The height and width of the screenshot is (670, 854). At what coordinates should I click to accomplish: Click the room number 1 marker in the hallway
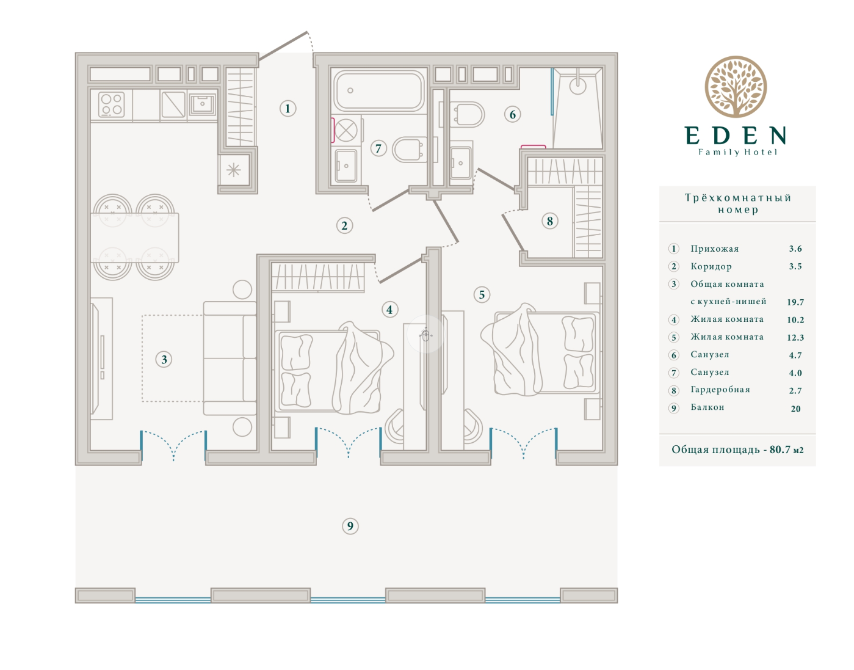point(288,109)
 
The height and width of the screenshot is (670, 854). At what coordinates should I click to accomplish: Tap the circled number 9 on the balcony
point(350,526)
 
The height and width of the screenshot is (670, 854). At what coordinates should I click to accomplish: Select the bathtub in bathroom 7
point(379,90)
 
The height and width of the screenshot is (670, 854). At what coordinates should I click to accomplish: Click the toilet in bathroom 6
point(467,114)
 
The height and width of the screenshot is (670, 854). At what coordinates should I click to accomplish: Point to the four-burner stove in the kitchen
point(112,104)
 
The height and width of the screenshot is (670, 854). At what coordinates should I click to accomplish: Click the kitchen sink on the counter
point(203,104)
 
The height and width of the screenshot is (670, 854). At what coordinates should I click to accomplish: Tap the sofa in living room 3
point(230,358)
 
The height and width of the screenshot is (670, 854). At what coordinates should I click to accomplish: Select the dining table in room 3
point(135,238)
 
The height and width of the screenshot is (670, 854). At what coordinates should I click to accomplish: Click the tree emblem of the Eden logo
point(736,87)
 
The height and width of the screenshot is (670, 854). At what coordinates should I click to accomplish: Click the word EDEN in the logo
point(736,136)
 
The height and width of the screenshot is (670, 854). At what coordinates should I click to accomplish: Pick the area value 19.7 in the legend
point(795,302)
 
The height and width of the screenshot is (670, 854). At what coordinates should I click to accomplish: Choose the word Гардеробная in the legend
point(720,390)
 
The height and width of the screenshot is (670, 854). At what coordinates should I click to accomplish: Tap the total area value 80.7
point(780,450)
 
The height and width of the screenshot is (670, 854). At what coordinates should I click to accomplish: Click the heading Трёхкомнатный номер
point(737,203)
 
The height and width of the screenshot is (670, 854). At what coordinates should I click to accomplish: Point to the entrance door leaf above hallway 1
point(283,46)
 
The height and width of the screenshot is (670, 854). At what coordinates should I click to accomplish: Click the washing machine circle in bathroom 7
point(346,130)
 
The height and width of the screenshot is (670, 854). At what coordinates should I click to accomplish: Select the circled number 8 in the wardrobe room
point(550,221)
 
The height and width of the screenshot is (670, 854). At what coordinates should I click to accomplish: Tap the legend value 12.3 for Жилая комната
point(795,337)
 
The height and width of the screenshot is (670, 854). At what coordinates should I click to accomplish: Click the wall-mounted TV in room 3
point(95,359)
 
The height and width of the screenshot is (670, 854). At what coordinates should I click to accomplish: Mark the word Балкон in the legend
point(707,407)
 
